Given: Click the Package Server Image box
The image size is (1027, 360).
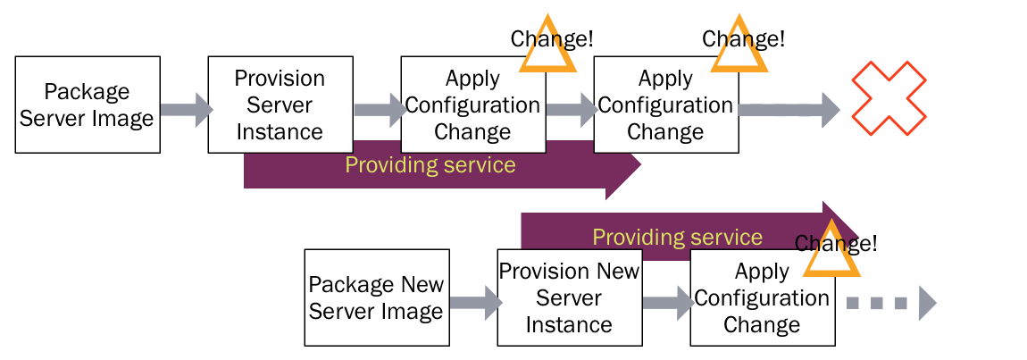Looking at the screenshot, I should tap(88, 105).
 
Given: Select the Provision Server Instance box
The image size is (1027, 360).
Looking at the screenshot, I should tap(280, 105).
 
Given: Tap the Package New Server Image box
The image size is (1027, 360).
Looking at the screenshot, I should tap(376, 297).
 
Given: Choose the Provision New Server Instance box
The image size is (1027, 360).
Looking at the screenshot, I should tap(569, 297).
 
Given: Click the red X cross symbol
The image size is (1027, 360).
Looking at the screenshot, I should tap(888, 98).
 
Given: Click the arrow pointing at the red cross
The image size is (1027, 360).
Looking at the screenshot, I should tap(789, 110).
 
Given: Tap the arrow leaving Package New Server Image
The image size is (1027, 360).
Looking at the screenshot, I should tap(474, 303).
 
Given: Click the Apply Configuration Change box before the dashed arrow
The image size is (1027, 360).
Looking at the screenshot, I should tap(762, 297).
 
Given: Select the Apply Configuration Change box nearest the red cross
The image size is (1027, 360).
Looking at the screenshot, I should tap(665, 105).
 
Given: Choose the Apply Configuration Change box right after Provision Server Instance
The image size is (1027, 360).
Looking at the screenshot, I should tap(472, 105).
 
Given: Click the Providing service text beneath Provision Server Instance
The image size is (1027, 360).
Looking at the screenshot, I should tap(430, 165).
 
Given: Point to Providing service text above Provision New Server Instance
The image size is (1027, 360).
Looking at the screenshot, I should tap(677, 237).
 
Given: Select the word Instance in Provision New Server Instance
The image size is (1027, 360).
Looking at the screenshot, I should tap(569, 324).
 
